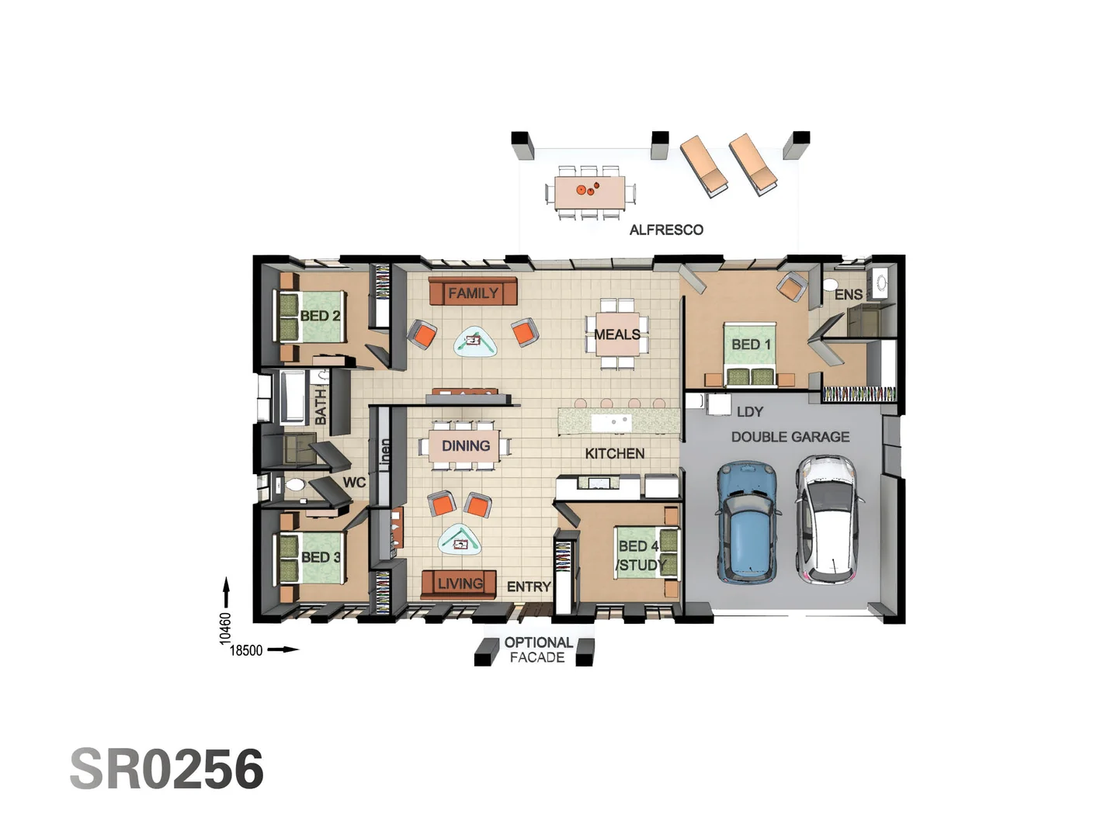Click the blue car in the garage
(x=747, y=521)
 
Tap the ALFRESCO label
(x=666, y=230)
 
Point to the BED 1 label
(x=751, y=344)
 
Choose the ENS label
(x=848, y=295)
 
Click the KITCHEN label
(x=614, y=453)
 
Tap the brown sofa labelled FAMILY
(x=473, y=293)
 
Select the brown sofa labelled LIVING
(x=459, y=583)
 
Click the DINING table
(x=465, y=446)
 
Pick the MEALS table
(x=617, y=334)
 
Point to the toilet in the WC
(x=293, y=486)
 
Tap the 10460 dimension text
(x=225, y=628)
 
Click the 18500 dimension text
(x=246, y=650)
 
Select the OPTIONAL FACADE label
(x=538, y=650)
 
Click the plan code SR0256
(x=167, y=770)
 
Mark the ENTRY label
(x=529, y=587)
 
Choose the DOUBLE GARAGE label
(x=790, y=437)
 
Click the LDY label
(x=750, y=411)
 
